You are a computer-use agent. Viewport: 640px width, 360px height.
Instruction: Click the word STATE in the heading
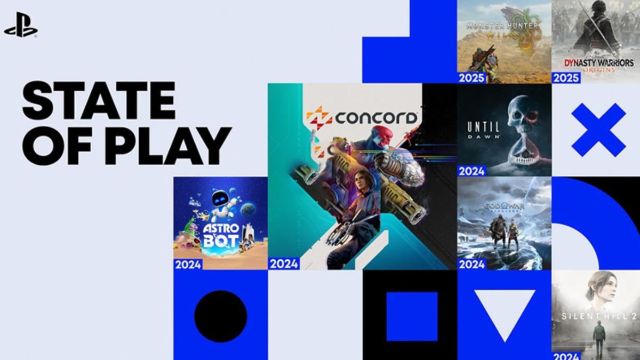click(x=99, y=101)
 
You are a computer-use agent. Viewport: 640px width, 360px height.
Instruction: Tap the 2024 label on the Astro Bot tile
click(x=188, y=263)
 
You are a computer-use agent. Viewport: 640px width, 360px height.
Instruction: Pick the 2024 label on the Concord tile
click(x=284, y=263)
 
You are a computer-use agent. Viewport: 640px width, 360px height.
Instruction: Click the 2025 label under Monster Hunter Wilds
click(x=471, y=78)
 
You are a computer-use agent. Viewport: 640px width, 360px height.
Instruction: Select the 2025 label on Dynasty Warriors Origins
click(x=566, y=78)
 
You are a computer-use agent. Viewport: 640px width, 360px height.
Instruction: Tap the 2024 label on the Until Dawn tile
click(x=471, y=171)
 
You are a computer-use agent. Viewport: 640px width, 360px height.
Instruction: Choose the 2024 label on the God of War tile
click(x=471, y=263)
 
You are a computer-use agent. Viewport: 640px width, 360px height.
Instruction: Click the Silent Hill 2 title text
click(x=595, y=316)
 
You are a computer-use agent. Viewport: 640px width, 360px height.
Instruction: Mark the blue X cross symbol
click(x=598, y=130)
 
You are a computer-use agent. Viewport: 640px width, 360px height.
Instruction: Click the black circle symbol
click(x=220, y=316)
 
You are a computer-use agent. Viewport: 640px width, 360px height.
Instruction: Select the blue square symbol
click(x=411, y=316)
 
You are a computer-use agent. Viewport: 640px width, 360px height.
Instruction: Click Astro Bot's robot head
click(x=220, y=201)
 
